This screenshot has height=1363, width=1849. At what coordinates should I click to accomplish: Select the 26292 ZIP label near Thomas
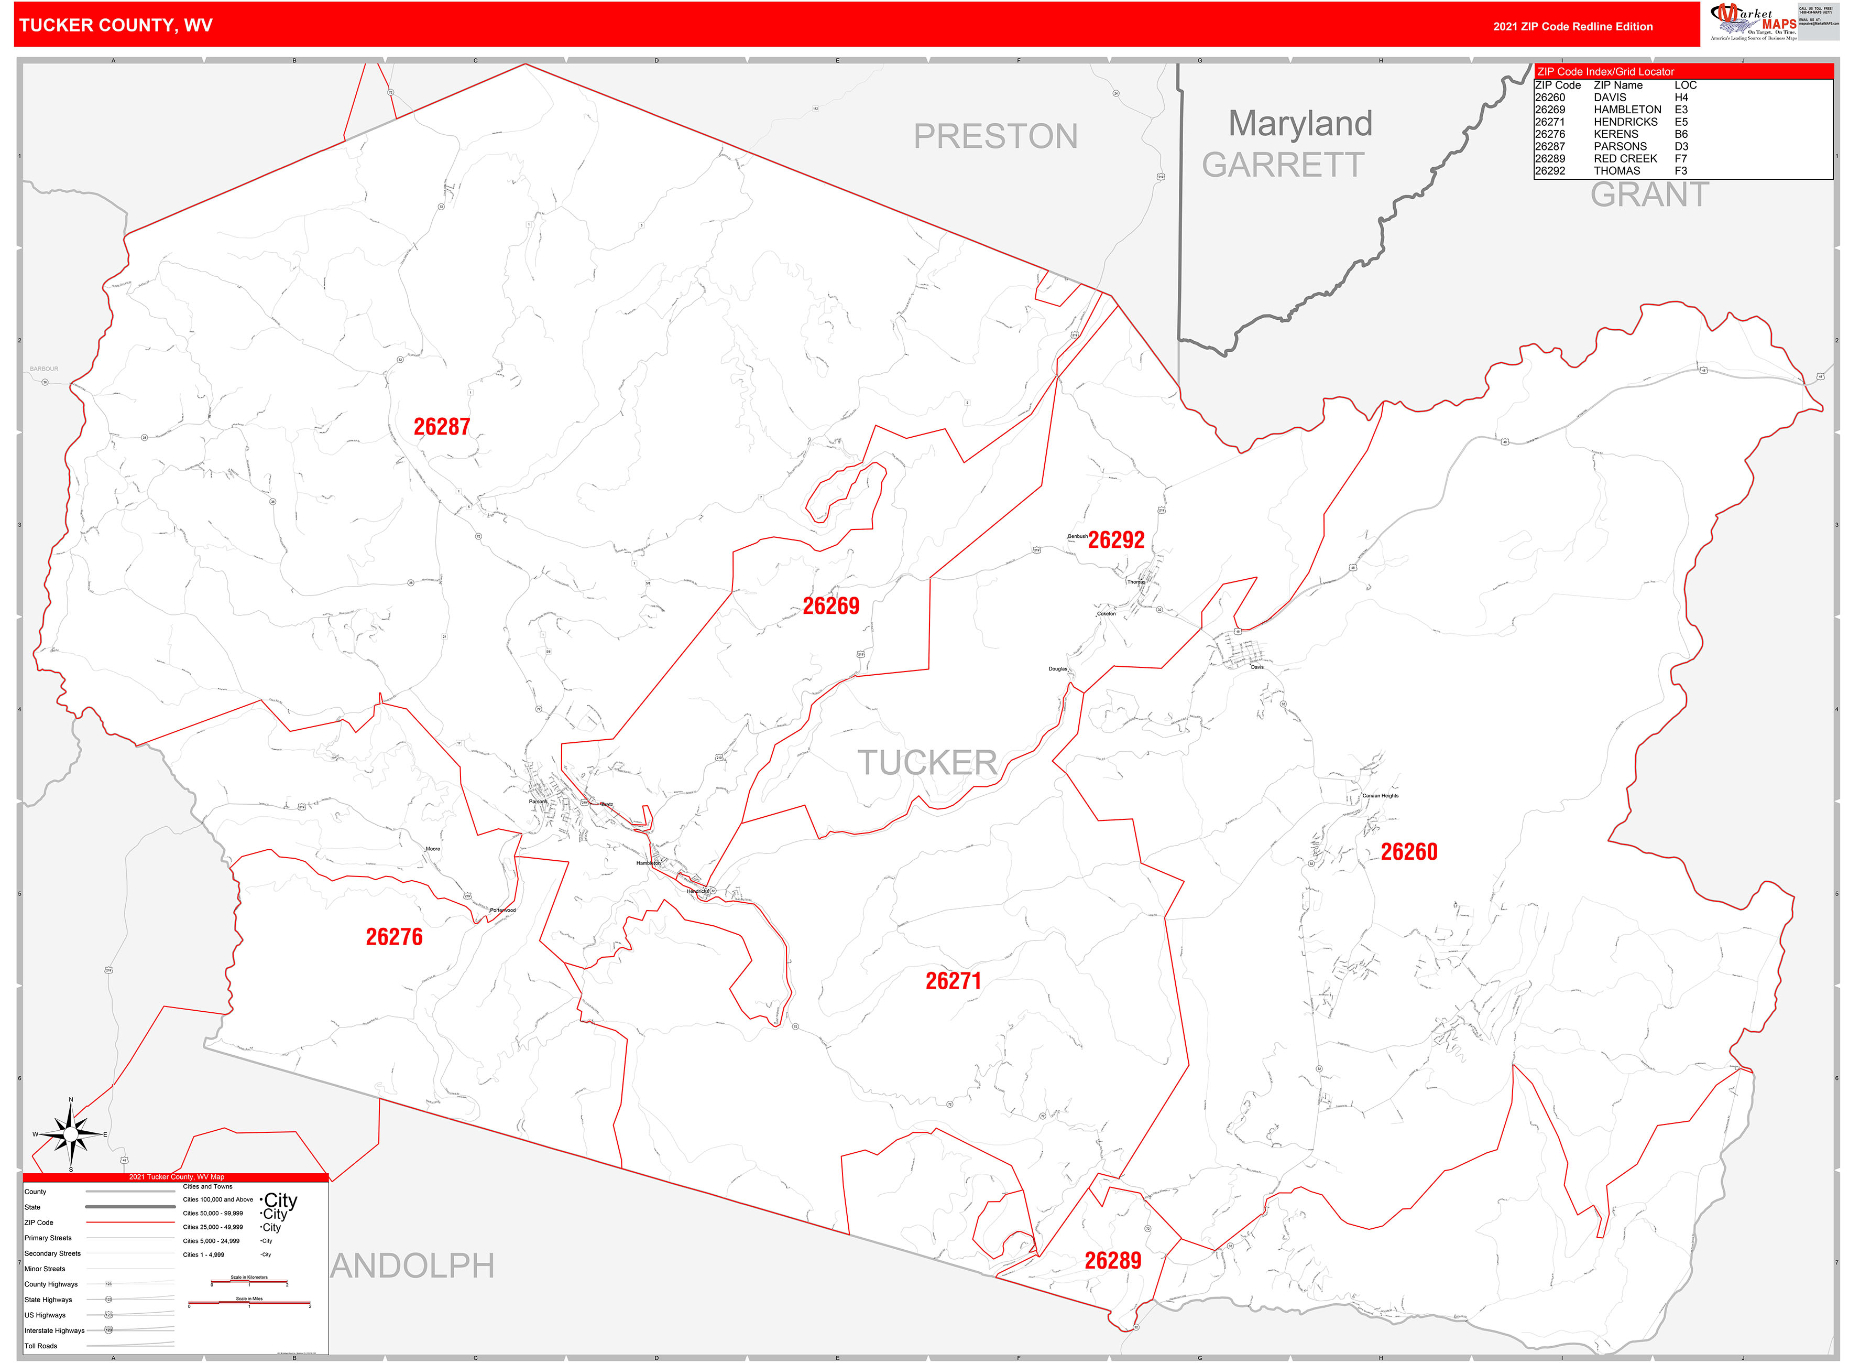point(1116,540)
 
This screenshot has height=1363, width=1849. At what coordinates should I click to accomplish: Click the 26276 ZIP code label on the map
point(393,937)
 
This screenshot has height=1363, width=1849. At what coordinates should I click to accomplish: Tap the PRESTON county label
point(995,137)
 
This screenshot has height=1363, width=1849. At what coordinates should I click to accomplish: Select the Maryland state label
point(1300,124)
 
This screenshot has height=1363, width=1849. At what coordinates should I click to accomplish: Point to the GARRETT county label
point(1283,165)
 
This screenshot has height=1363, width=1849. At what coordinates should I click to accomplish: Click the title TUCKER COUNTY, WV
point(115,26)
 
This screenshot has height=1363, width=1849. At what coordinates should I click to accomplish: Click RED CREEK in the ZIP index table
point(1625,158)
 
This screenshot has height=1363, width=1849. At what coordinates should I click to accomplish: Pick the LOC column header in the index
point(1685,85)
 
